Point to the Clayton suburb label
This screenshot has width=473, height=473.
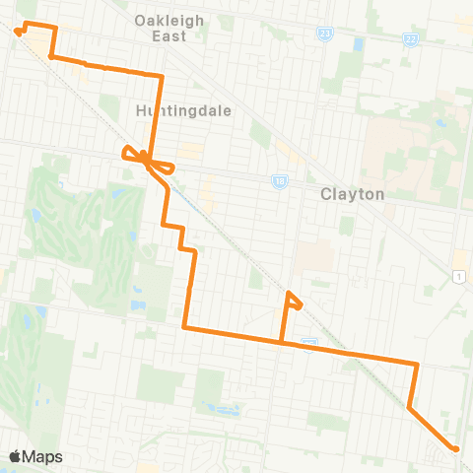pyautogui.click(x=352, y=194)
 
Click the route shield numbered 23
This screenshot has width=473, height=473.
pyautogui.click(x=325, y=33)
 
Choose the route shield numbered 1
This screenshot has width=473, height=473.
pyautogui.click(x=459, y=277)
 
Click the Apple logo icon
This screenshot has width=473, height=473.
pyautogui.click(x=16, y=456)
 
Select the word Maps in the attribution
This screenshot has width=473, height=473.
pyautogui.click(x=43, y=456)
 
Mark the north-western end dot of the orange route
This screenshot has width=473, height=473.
pyautogui.click(x=18, y=31)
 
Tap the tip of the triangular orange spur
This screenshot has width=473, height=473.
pyautogui.click(x=288, y=293)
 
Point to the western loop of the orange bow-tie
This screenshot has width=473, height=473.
pyautogui.click(x=127, y=152)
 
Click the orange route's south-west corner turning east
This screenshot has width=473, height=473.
pyautogui.click(x=185, y=326)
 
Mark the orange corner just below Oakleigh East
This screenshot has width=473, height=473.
pyautogui.click(x=161, y=76)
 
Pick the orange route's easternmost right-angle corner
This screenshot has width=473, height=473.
pyautogui.click(x=417, y=364)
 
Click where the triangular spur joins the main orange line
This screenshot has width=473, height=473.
pyautogui.click(x=284, y=343)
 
